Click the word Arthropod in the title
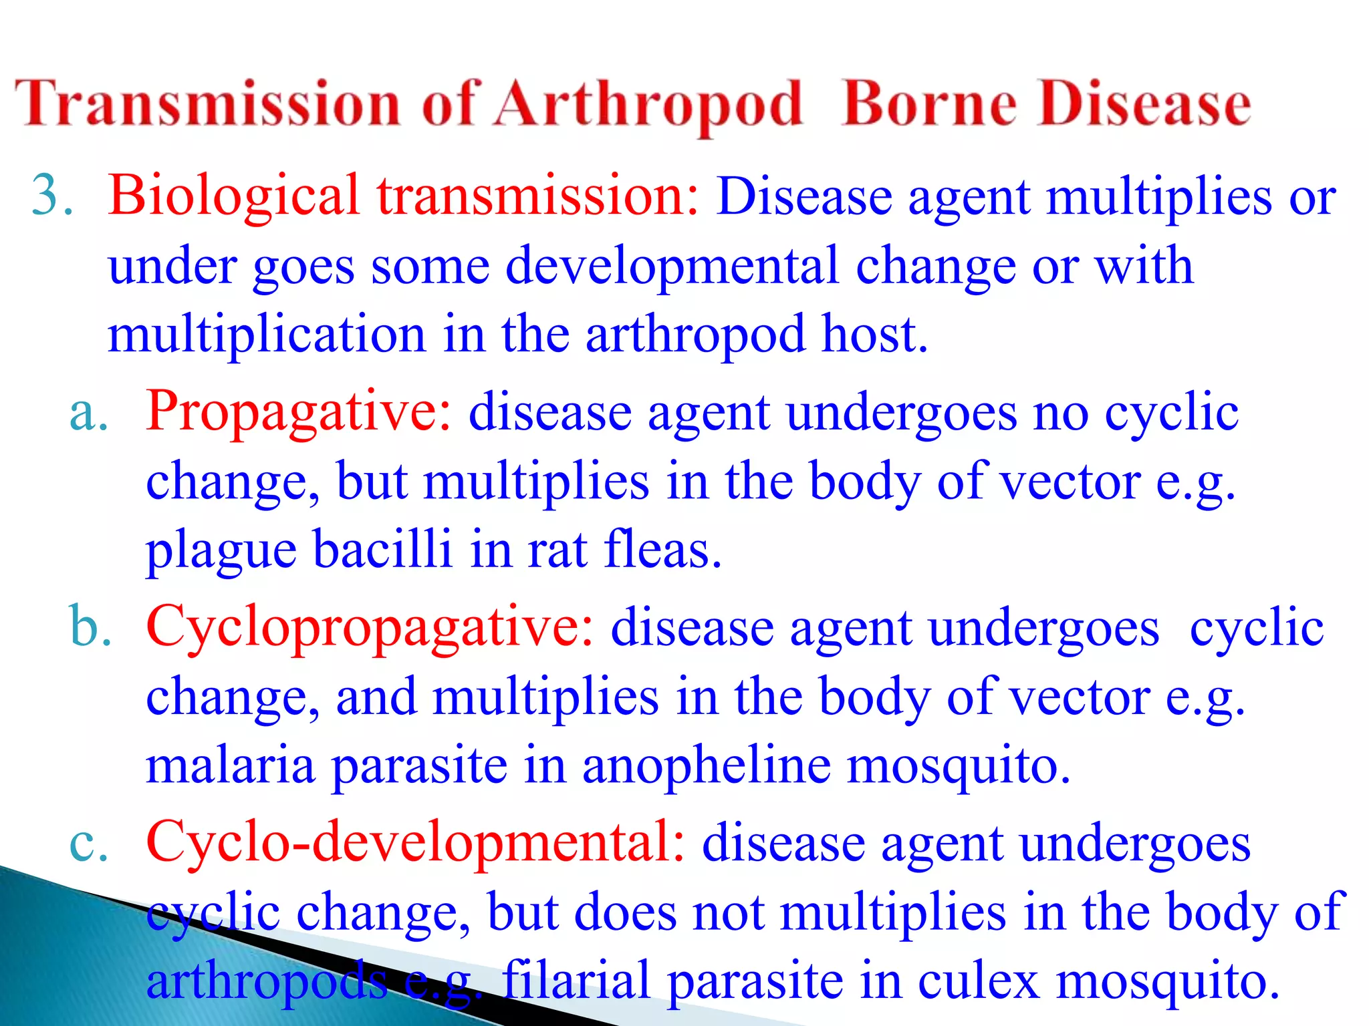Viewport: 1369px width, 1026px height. click(x=647, y=106)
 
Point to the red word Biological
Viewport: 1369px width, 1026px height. click(x=234, y=197)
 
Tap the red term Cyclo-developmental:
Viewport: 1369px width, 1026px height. click(x=415, y=843)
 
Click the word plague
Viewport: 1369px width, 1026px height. click(x=221, y=552)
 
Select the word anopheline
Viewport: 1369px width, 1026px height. click(x=706, y=767)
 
